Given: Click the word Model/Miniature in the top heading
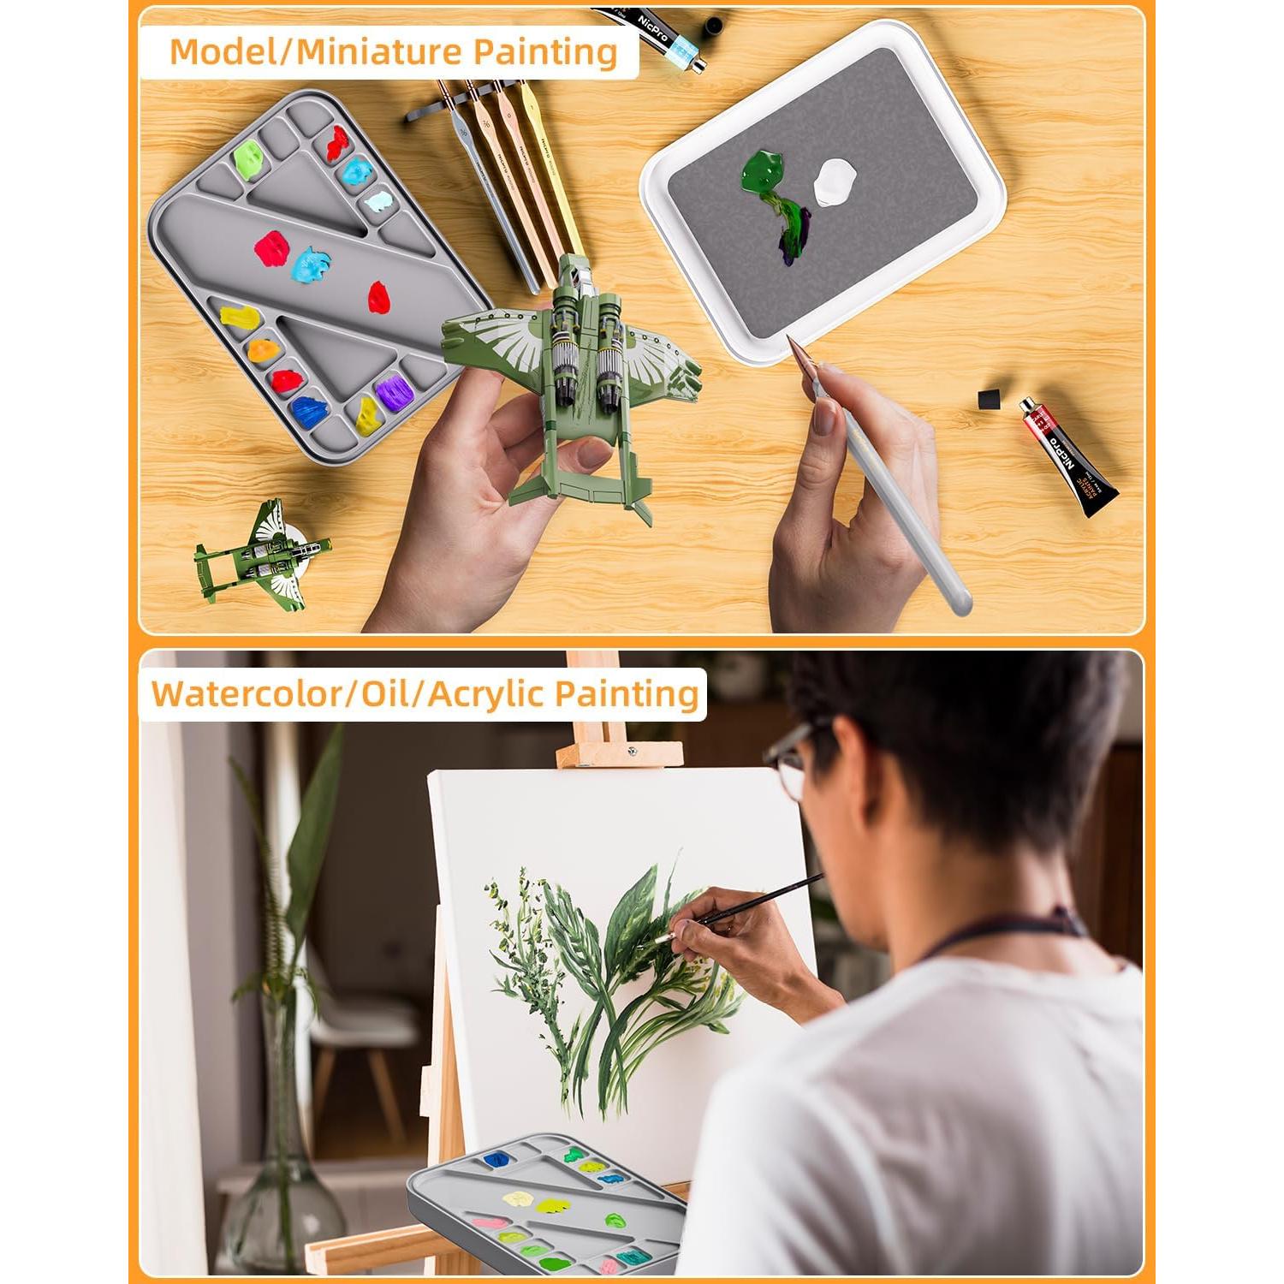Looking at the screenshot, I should click(x=313, y=52).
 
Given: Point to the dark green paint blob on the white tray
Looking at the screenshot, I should click(x=762, y=171).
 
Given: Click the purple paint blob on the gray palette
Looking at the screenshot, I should click(x=394, y=393).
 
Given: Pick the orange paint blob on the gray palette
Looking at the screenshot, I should click(x=263, y=349).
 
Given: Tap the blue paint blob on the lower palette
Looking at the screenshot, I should click(x=497, y=1160).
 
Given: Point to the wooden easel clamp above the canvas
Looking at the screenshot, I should click(x=618, y=753).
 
